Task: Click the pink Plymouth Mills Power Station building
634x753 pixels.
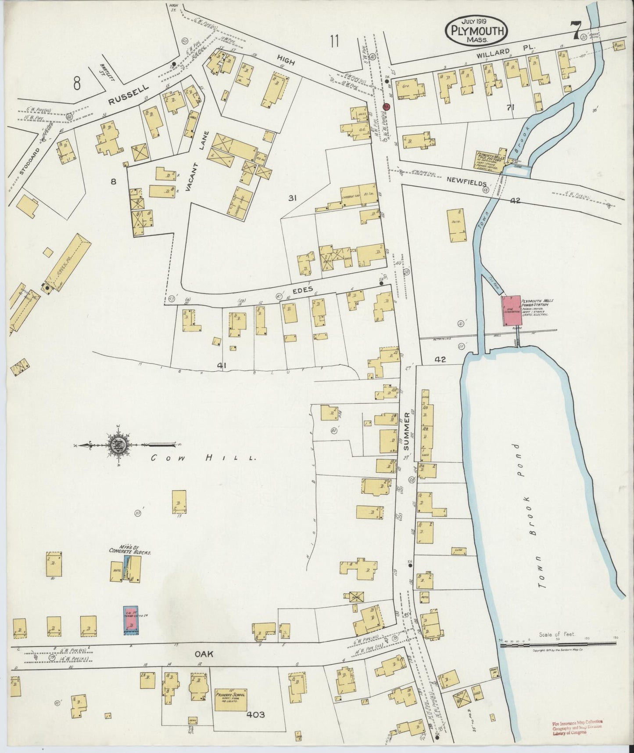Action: point(511,311)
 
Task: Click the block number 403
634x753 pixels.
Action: point(256,715)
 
